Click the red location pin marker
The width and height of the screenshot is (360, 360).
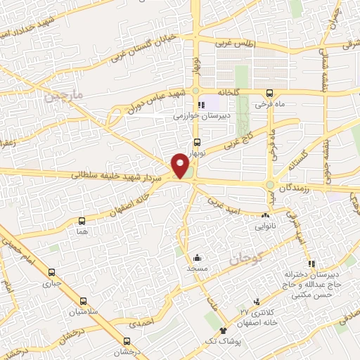click(181, 167)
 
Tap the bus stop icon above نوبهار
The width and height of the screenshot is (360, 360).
click(197, 141)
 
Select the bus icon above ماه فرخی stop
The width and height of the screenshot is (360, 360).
click(270, 93)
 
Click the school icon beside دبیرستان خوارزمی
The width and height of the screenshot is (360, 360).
click(202, 105)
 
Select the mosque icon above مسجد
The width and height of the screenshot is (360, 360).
click(198, 257)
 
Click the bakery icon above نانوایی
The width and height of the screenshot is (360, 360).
click(266, 215)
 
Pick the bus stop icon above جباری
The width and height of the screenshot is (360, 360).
click(51, 273)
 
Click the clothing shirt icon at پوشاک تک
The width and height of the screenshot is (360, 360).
click(224, 330)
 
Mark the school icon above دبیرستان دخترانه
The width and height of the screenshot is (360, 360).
click(311, 264)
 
